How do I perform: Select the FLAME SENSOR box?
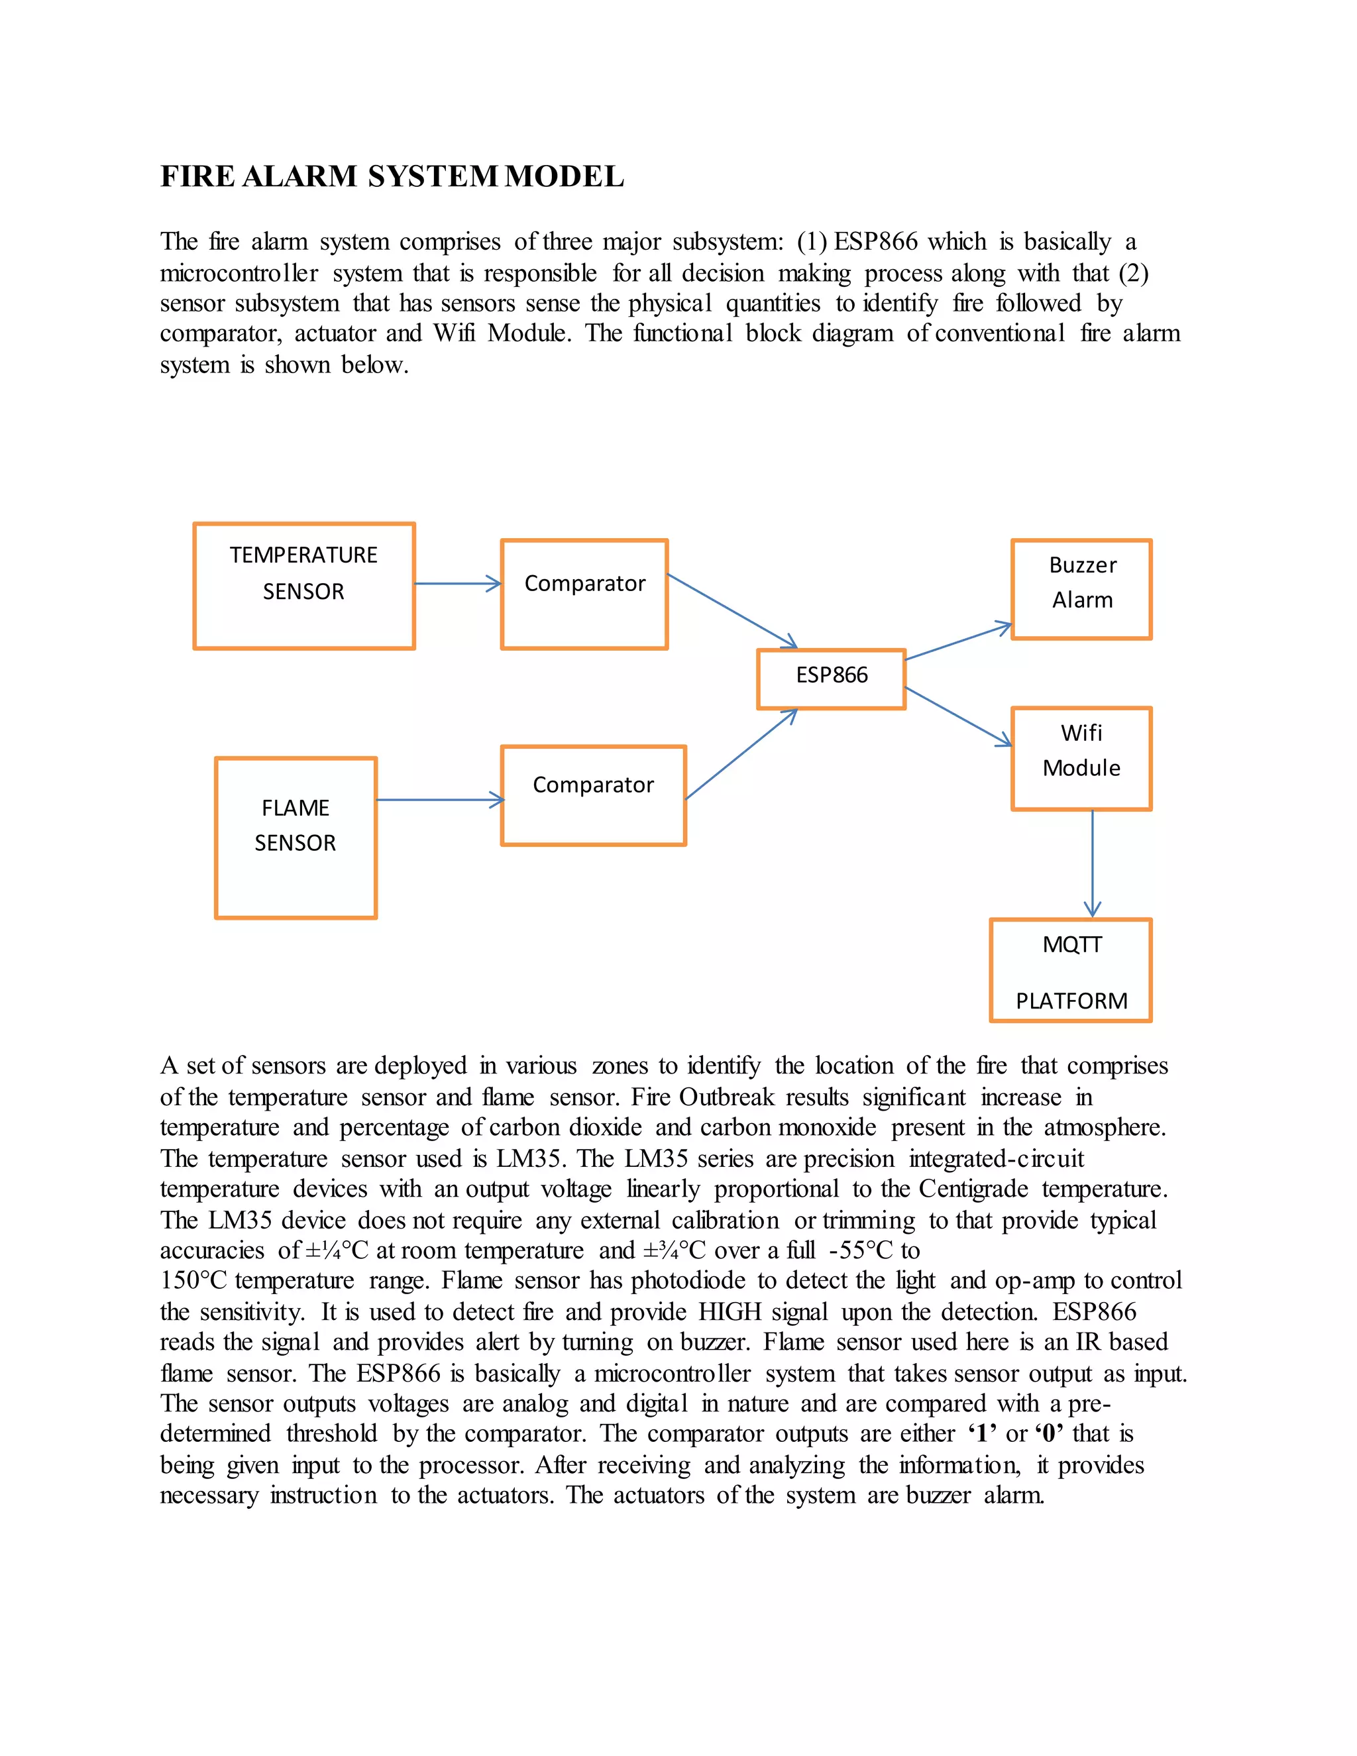click(x=296, y=837)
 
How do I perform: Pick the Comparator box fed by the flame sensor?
click(x=593, y=795)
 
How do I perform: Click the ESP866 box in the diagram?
click(x=832, y=679)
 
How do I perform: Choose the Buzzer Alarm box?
click(x=1081, y=588)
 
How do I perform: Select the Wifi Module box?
click(x=1081, y=757)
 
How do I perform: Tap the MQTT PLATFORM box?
click(x=1071, y=969)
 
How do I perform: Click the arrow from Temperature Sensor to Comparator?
click(x=457, y=584)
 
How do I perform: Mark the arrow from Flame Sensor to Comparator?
click(x=439, y=799)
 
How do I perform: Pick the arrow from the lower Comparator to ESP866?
click(x=739, y=754)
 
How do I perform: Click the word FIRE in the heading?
click(x=197, y=176)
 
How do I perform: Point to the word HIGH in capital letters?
click(x=729, y=1311)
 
